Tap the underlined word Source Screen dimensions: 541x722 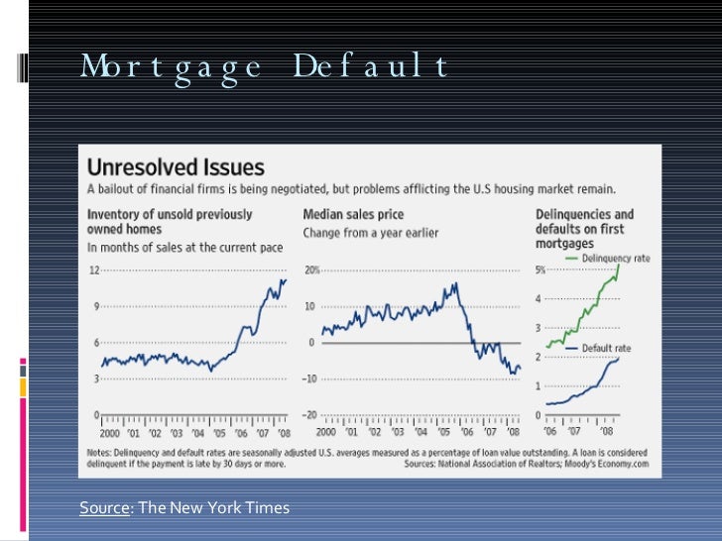coord(103,508)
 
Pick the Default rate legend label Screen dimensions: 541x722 coord(606,349)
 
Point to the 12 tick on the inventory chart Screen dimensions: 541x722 coord(95,270)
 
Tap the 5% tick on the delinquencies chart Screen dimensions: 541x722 coord(541,270)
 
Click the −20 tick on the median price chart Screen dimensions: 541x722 coord(309,414)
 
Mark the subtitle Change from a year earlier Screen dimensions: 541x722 coord(370,232)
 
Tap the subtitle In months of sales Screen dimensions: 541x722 coord(185,246)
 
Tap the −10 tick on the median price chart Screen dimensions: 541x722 coord(309,379)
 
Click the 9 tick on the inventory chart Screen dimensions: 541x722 coord(97,306)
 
